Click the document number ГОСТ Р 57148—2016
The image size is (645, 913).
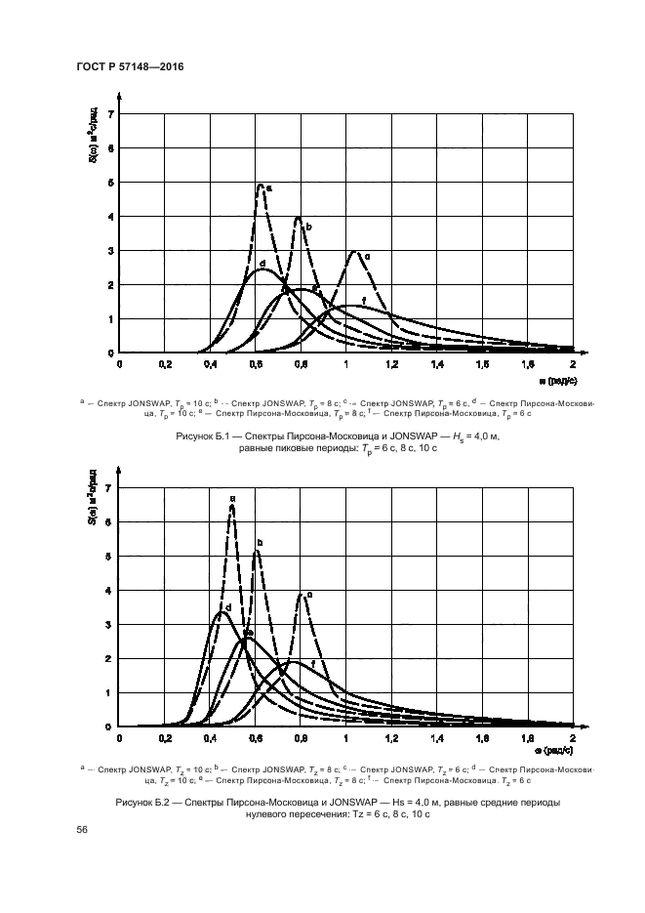click(x=130, y=65)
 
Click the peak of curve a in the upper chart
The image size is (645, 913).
click(x=261, y=184)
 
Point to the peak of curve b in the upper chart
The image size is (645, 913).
click(x=298, y=218)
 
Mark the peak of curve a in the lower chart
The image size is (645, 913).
click(x=231, y=506)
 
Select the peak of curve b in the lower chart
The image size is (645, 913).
click(x=256, y=552)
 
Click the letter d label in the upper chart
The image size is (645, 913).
click(x=262, y=265)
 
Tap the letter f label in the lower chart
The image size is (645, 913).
click(x=311, y=664)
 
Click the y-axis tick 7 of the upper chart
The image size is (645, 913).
click(x=111, y=114)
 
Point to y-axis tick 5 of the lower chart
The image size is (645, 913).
click(x=111, y=557)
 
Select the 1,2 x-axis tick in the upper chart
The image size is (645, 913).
click(x=391, y=364)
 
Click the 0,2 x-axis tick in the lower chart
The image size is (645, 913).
click(x=165, y=738)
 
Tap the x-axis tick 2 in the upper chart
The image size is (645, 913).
click(x=573, y=364)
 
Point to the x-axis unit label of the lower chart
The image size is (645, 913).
click(x=557, y=753)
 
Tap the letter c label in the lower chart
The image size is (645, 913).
click(x=310, y=595)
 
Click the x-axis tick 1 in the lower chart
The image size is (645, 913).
click(x=345, y=738)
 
